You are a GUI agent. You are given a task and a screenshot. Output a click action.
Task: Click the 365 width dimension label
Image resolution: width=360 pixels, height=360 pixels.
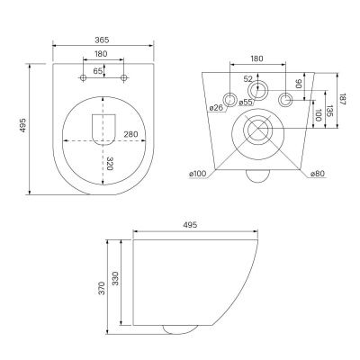coord(102,40)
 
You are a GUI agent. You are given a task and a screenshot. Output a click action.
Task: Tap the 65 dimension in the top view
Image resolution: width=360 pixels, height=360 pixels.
coord(98,71)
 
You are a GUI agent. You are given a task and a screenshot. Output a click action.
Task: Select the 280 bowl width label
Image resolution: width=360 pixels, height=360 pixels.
coord(131,134)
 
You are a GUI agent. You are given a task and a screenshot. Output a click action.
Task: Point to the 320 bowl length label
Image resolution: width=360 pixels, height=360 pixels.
coord(110,163)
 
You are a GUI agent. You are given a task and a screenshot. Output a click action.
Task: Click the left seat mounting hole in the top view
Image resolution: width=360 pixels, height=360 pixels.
coord(84,78)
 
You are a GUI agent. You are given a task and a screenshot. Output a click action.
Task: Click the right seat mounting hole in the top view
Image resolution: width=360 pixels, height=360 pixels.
coord(123,78)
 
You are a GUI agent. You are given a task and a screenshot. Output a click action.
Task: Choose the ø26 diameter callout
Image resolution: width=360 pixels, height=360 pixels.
coord(217,108)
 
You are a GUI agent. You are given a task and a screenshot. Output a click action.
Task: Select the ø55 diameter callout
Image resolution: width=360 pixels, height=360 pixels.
coord(246,103)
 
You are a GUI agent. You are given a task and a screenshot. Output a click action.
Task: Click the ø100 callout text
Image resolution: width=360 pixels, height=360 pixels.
coord(198,174)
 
